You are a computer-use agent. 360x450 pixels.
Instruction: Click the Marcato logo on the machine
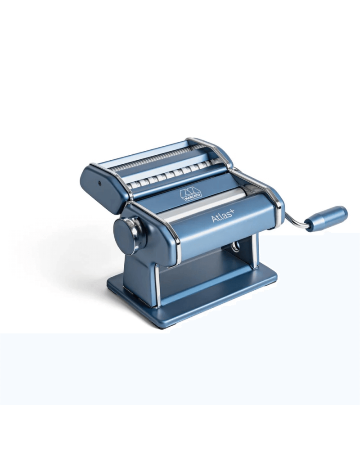pyautogui.click(x=191, y=194)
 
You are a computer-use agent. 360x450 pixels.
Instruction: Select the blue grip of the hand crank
pyautogui.click(x=326, y=217)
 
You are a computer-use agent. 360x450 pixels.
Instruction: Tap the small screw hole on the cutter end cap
pyautogui.click(x=99, y=183)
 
